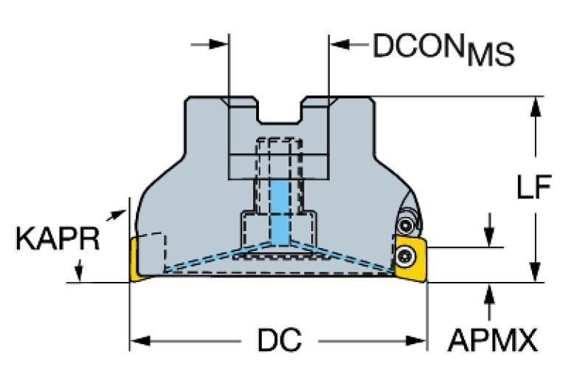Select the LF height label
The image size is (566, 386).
[x=532, y=190]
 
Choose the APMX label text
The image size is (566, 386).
[x=492, y=341]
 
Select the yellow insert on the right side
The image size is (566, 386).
[x=410, y=259]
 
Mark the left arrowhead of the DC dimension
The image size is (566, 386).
[x=139, y=341]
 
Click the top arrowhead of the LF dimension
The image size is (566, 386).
[x=536, y=105]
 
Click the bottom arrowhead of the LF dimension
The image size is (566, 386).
[x=536, y=273]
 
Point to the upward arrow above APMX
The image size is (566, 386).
[x=488, y=292]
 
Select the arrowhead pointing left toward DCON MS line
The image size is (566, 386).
[x=339, y=46]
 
